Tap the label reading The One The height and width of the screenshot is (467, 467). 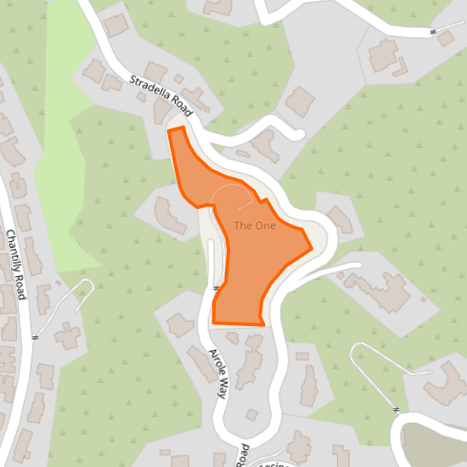[255, 226]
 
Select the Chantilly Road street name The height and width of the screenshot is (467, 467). [17, 264]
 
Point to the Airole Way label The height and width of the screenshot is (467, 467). [218, 373]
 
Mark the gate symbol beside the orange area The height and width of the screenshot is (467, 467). [217, 289]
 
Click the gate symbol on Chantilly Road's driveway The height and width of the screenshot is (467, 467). [36, 337]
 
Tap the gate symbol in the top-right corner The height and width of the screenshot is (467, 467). [432, 32]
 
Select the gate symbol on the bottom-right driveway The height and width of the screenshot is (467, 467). [396, 409]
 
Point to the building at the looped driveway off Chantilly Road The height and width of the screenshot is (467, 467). [67, 335]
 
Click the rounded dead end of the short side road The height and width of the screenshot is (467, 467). [297, 134]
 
